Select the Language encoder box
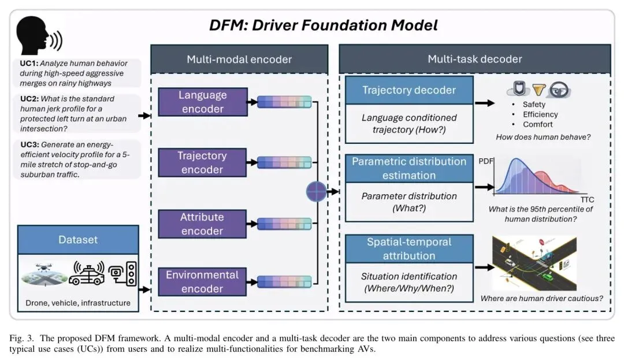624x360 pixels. pyautogui.click(x=203, y=102)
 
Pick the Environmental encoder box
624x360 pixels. pyautogui.click(x=202, y=282)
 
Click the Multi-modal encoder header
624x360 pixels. pyautogui.click(x=239, y=59)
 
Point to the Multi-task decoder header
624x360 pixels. pyautogui.click(x=474, y=59)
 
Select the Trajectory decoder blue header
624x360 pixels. pyautogui.click(x=409, y=90)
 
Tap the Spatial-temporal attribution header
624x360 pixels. pyautogui.click(x=409, y=248)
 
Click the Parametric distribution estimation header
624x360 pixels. pyautogui.click(x=409, y=168)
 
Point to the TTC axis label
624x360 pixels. pyautogui.click(x=587, y=199)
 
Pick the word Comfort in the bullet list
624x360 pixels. pyautogui.click(x=537, y=124)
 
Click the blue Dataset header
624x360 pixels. pyautogui.click(x=78, y=239)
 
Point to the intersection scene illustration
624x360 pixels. pyautogui.click(x=534, y=263)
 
